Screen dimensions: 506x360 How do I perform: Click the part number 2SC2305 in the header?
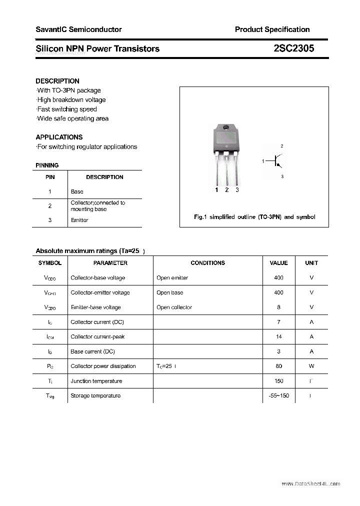point(294,48)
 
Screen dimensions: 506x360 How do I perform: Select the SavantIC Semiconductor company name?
point(78,29)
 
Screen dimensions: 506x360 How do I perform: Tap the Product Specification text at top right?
point(272,29)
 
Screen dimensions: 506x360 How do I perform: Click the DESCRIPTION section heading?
point(57,81)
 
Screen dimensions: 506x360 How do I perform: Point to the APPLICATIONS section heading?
point(59,137)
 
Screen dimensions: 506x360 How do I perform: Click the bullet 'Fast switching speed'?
point(67,109)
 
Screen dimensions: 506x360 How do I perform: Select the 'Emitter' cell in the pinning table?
point(79,220)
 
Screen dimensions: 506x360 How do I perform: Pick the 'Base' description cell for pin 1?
point(77,191)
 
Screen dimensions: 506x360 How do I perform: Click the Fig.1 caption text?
point(254,217)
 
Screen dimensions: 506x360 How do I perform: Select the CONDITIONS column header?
point(207,263)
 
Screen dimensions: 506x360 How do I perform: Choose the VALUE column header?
point(278,263)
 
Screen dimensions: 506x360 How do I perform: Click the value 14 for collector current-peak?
point(278,337)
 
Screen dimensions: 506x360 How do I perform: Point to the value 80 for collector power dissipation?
point(278,366)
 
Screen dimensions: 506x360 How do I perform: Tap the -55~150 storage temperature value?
point(278,396)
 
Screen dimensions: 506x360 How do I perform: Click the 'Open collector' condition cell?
point(174,307)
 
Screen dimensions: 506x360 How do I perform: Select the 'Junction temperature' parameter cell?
point(96,381)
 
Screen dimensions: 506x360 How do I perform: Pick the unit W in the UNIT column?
point(311,366)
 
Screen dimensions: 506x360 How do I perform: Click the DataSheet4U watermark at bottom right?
point(310,484)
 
